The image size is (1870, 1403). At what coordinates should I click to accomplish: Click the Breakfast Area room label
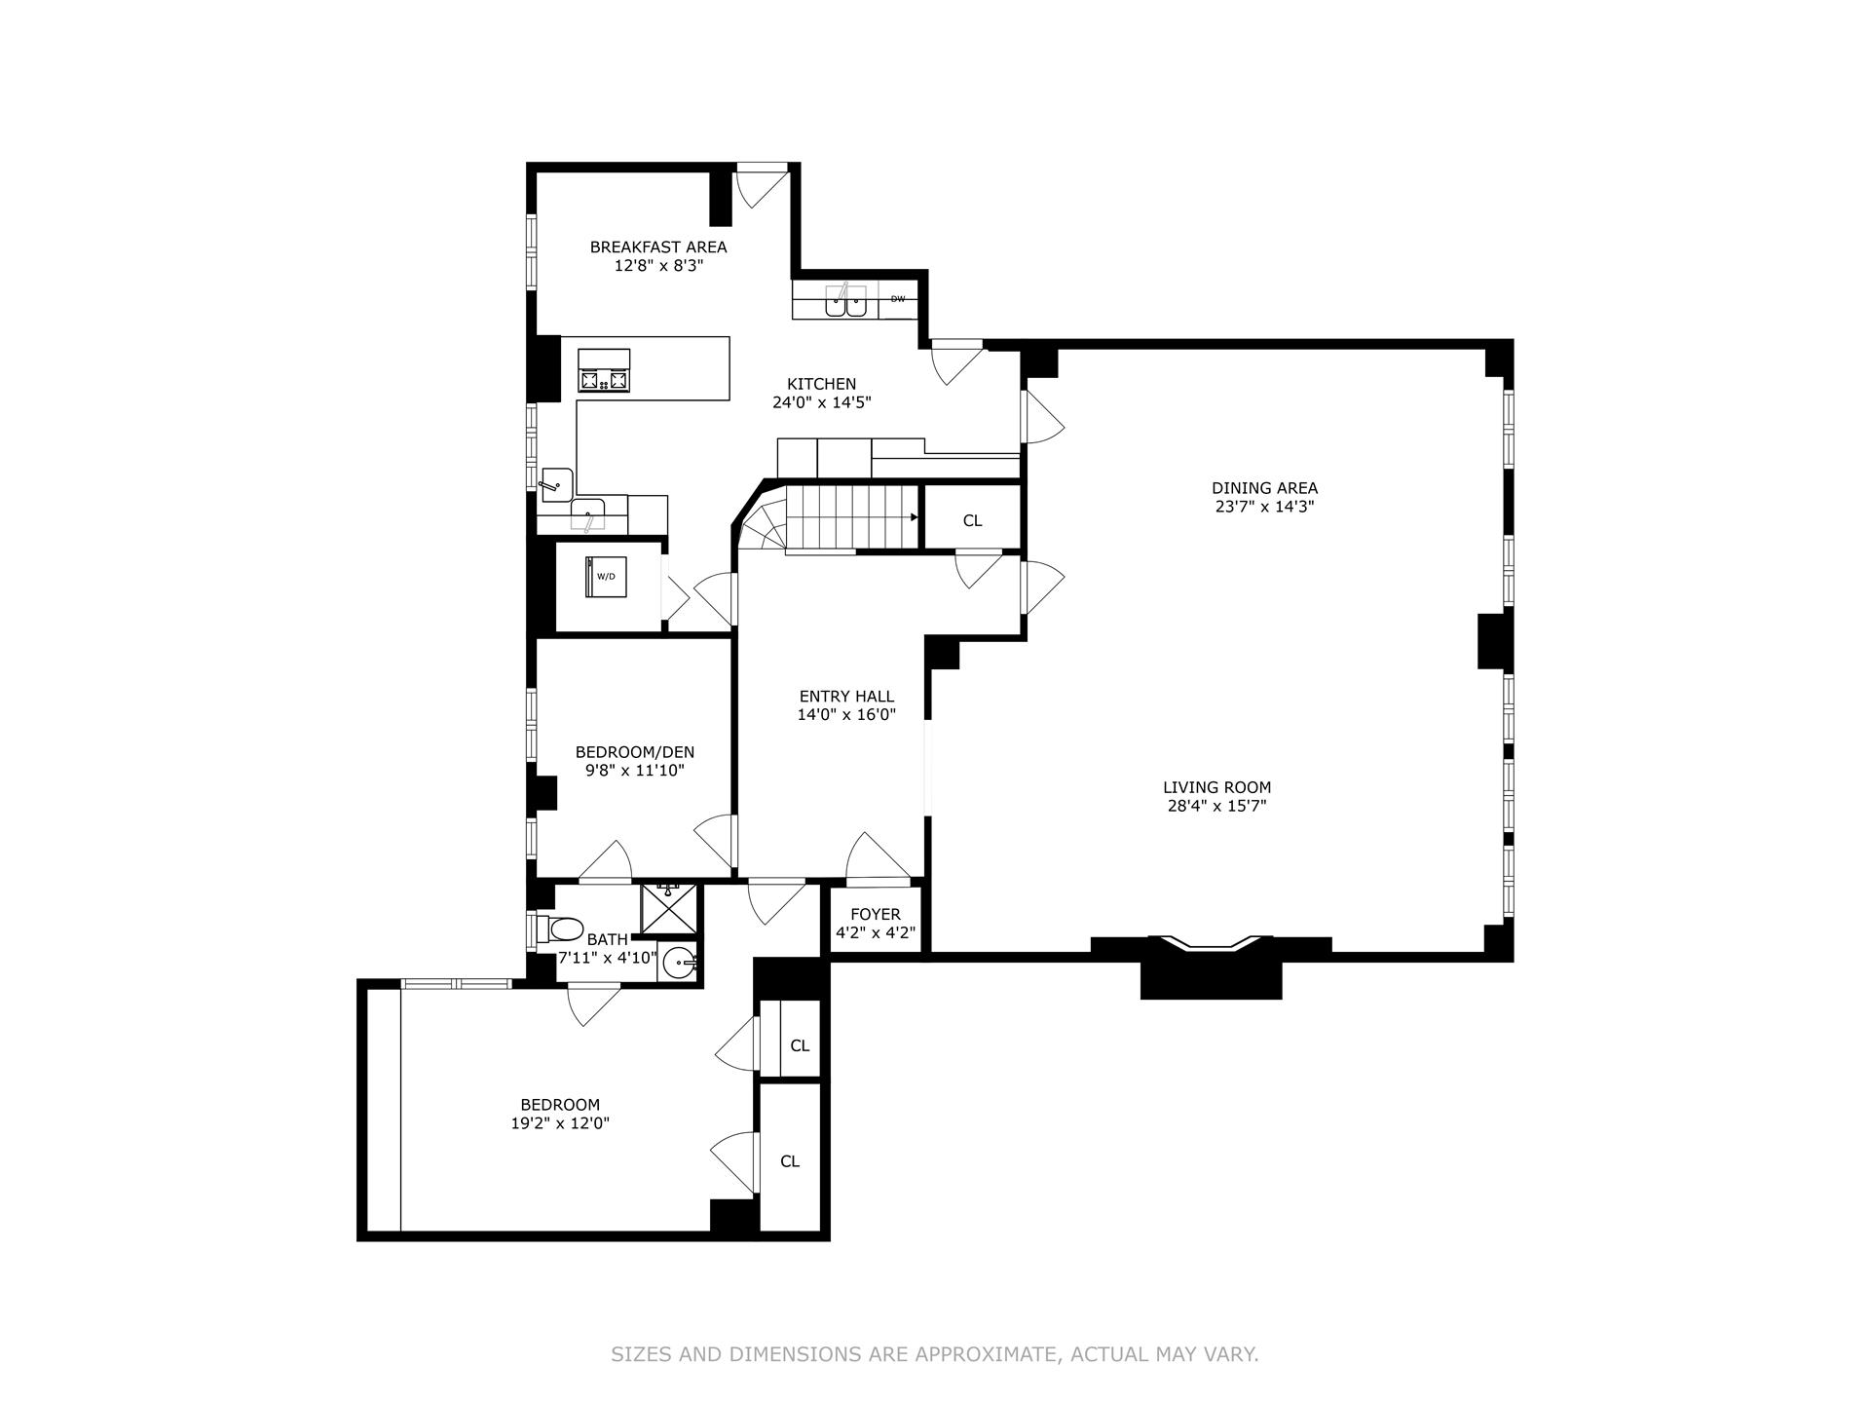click(x=658, y=247)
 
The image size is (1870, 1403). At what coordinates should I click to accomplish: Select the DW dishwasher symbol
click(x=897, y=299)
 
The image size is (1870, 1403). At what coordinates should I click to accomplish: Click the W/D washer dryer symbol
click(x=606, y=577)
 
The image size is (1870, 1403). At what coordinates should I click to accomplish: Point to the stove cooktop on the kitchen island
click(x=604, y=371)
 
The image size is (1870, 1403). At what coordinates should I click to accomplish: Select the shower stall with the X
click(x=670, y=907)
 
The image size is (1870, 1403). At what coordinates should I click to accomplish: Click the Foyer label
click(x=876, y=915)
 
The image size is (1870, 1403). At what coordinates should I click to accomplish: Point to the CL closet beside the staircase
click(x=972, y=520)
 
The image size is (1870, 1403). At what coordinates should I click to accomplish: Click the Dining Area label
click(x=1264, y=488)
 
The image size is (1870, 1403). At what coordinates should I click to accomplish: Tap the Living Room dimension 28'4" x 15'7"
click(x=1216, y=806)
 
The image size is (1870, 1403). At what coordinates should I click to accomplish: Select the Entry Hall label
click(x=846, y=697)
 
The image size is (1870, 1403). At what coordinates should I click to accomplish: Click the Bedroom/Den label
click(x=635, y=752)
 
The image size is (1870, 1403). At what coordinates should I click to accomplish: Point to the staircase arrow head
click(x=914, y=517)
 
